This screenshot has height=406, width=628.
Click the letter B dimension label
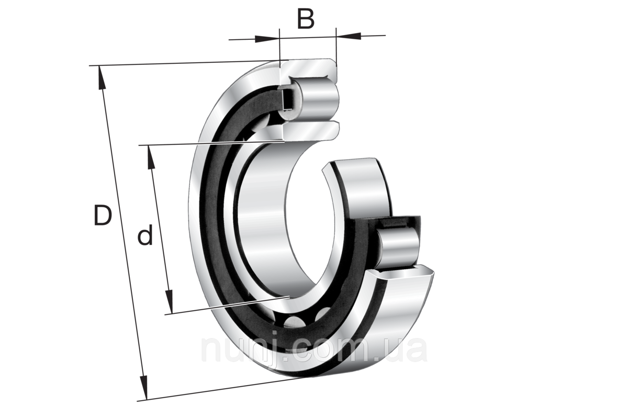306,19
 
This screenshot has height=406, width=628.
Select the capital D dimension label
103,215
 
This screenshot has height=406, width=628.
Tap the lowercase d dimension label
145,234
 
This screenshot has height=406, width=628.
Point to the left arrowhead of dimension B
267,39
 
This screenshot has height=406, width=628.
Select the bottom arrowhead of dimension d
169,301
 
